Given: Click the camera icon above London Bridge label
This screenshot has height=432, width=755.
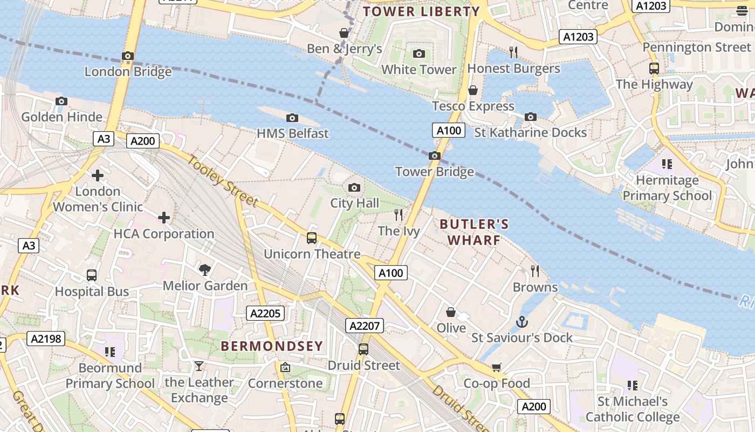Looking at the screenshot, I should coord(128,56).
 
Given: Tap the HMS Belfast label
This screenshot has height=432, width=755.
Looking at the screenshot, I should coord(292,133).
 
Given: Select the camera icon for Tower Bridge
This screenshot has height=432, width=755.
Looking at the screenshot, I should coord(434,156).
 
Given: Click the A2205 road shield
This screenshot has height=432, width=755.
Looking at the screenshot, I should coord(265,313).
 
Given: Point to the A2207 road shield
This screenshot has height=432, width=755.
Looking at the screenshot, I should coord(365,326).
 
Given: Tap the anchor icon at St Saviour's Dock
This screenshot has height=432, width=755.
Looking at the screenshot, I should coord(521,322).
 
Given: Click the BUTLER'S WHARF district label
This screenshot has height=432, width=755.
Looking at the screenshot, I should coord(474,232).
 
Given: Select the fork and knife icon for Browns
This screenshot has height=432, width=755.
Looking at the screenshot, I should coord(535,271).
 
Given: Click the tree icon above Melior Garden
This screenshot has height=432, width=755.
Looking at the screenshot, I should coord(204,269).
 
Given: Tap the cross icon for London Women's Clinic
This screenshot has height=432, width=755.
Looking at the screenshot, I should coord(98,175).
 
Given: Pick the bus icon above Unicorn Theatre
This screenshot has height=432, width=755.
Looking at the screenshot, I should coord(311,238).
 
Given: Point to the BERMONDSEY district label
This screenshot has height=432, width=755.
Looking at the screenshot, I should coord(272,346).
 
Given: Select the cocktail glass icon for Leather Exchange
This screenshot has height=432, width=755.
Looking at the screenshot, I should coord(199,367).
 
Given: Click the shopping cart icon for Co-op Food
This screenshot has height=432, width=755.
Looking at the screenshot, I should coord(496,368).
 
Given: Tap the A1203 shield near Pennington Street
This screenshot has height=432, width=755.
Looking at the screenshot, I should coord(579,37).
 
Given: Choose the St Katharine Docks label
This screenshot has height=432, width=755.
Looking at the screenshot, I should coord(530,132).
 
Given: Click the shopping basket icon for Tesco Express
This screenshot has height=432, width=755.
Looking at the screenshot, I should coord(473,90).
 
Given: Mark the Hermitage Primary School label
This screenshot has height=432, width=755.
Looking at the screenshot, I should coord(667,188).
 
